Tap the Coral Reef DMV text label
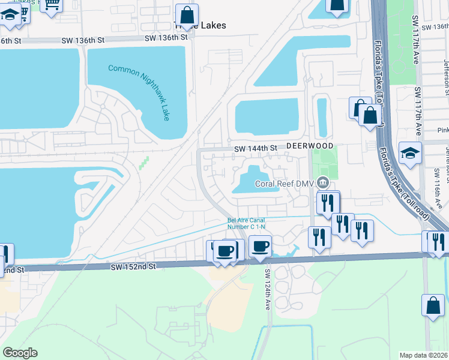pyautogui.click(x=285, y=184)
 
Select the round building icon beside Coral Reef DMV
pyautogui.click(x=323, y=182)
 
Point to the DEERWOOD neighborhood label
pyautogui.click(x=309, y=146)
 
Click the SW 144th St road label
pyautogui.click(x=255, y=148)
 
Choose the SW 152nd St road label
pyautogui.click(x=133, y=265)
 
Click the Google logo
pyautogui.click(x=20, y=352)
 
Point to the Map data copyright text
pyautogui.click(x=423, y=355)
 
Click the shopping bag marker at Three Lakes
pyautogui.click(x=187, y=15)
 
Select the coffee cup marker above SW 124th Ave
pyautogui.click(x=260, y=245)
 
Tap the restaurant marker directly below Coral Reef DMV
pyautogui.click(x=327, y=202)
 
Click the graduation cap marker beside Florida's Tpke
pyautogui.click(x=411, y=153)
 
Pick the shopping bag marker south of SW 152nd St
pyautogui.click(x=433, y=305)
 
